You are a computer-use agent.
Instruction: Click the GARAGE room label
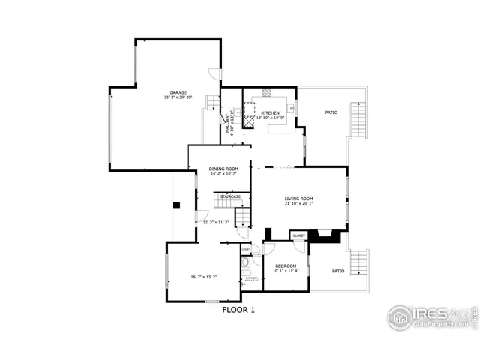pyautogui.click(x=178, y=93)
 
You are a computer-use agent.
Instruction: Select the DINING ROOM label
pyautogui.click(x=223, y=169)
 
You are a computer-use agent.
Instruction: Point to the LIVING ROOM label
pyautogui.click(x=298, y=199)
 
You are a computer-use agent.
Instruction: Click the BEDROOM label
pyautogui.click(x=286, y=266)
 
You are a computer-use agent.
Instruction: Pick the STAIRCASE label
pyautogui.click(x=230, y=196)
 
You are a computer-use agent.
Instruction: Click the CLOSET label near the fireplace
pyautogui.click(x=299, y=235)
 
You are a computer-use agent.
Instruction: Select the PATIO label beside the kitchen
pyautogui.click(x=331, y=112)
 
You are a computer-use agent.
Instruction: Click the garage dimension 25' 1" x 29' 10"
pyautogui.click(x=178, y=98)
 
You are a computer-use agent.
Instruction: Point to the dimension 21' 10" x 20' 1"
pyautogui.click(x=298, y=204)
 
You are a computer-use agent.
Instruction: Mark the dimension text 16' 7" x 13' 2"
pyautogui.click(x=203, y=277)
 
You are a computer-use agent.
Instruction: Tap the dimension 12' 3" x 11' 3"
pyautogui.click(x=215, y=222)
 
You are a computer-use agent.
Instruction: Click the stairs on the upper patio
pyautogui.click(x=363, y=118)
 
